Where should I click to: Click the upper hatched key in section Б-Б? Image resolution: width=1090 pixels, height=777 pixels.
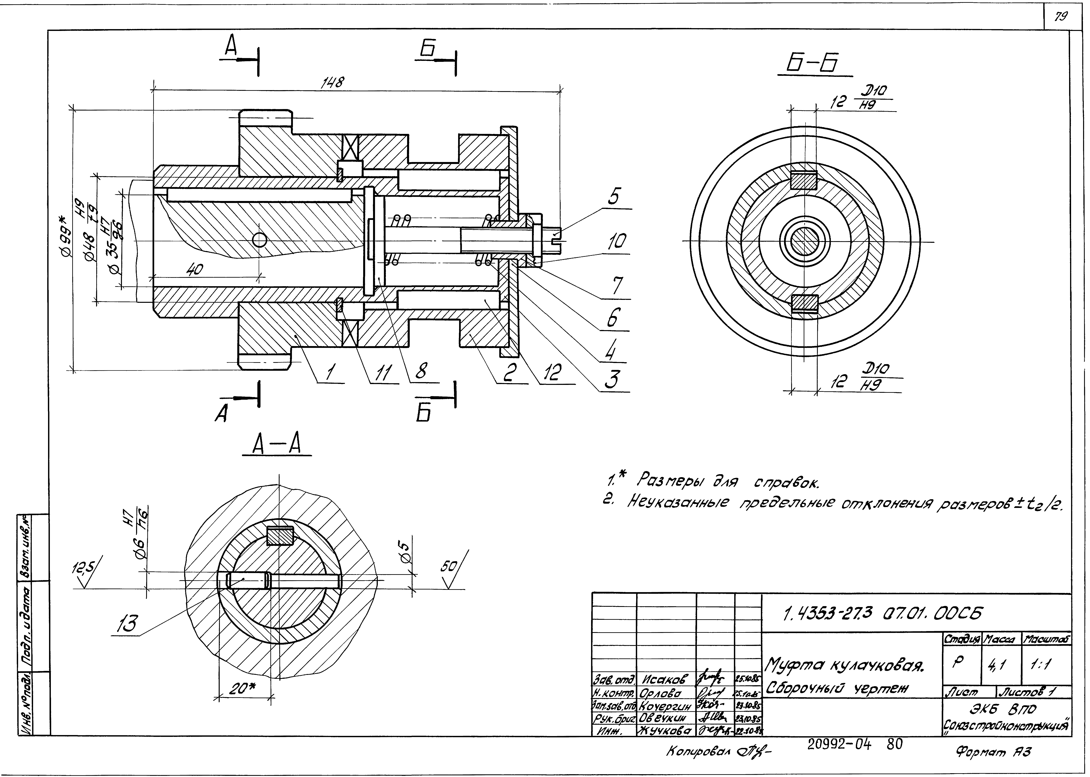point(803,180)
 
